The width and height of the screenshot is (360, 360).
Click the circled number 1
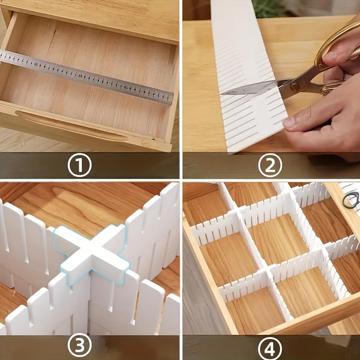[x=80, y=165]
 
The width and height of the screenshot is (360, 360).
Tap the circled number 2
[x=270, y=165]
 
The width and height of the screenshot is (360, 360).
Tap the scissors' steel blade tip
[x=221, y=94]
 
